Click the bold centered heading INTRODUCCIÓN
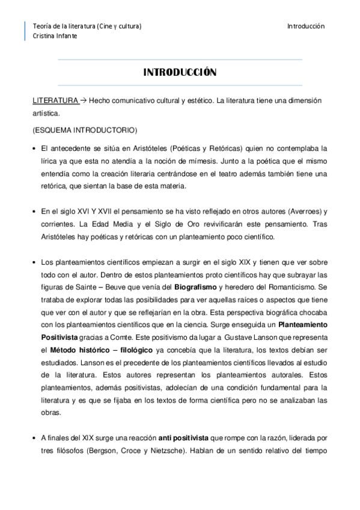pos(180,73)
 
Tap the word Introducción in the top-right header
pos(305,26)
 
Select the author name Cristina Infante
pos(55,36)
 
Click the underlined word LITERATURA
pos(55,100)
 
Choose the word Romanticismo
pos(296,287)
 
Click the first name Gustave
pos(239,338)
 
